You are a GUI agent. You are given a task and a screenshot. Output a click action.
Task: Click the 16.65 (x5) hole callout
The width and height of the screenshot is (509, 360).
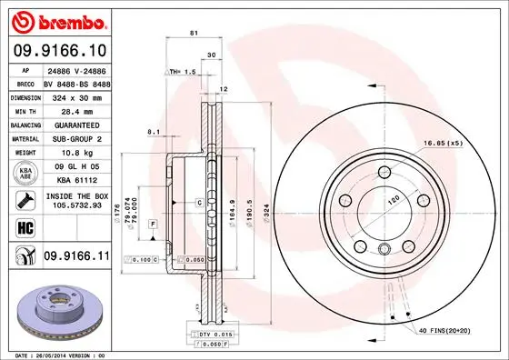(443, 144)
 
